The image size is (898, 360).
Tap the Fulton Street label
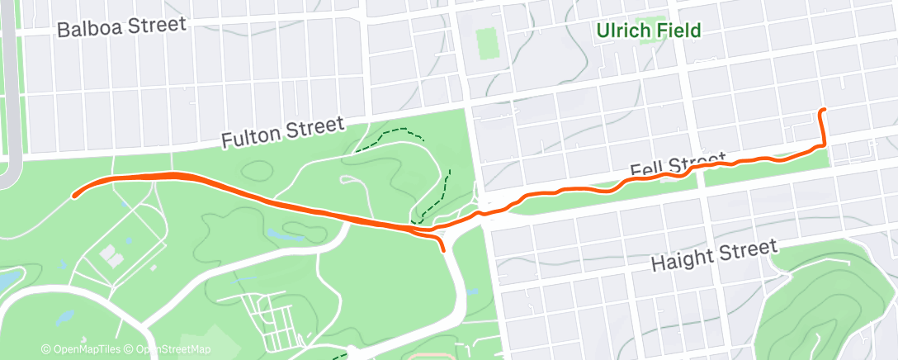pyautogui.click(x=281, y=132)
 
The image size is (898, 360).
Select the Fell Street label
pyautogui.click(x=677, y=165)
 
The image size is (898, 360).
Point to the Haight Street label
pyautogui.click(x=714, y=254)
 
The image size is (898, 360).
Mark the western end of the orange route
pyautogui.click(x=74, y=196)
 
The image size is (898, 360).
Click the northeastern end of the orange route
pyautogui.click(x=821, y=110)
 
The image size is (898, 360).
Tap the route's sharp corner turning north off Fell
pyautogui.click(x=823, y=146)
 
